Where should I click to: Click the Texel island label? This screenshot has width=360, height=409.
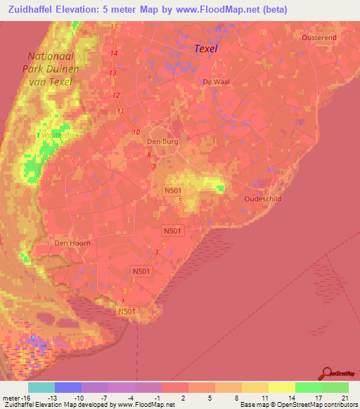pos(205,48)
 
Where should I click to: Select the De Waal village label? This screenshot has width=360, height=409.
pos(216,82)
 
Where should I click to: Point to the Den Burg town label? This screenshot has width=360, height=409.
pos(162,141)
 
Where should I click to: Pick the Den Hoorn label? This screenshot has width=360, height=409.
pos(71,243)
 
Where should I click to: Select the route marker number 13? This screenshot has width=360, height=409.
pos(112,72)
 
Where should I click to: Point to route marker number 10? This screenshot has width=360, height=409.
pos(136,131)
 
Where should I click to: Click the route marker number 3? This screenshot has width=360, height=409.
pos(156,252)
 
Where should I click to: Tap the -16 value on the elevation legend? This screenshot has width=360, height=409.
pos(16,398)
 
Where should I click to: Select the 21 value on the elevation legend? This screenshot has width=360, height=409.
pos(345,398)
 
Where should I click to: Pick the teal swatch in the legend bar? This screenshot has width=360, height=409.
pos(41,387)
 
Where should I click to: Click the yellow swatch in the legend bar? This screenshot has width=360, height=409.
pos(281,387)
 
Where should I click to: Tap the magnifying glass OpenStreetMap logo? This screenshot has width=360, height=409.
pos(327,373)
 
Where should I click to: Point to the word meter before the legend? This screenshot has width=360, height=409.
pos(7,398)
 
